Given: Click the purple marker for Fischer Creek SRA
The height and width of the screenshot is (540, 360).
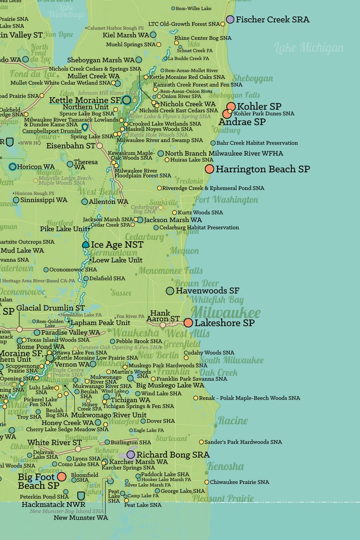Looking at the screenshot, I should coord(230,19).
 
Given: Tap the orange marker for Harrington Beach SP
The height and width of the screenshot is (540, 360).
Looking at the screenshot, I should coord(209,169).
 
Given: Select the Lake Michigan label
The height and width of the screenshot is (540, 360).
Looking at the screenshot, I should coord(308,48).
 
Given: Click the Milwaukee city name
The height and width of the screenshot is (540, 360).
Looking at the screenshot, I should coord(225,312).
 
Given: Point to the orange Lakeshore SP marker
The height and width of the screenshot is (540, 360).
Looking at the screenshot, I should coord(188,323).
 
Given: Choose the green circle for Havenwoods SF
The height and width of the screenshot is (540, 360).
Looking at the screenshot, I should coord(170,291).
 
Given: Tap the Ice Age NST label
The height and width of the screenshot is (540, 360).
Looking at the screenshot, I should coord(117,245).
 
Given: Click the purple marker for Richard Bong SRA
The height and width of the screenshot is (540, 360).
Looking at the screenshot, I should coord(131,454).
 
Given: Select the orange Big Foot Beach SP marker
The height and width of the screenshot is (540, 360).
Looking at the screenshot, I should coord(62,477).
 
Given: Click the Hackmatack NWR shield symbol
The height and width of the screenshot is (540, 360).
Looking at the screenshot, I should coord(81,496).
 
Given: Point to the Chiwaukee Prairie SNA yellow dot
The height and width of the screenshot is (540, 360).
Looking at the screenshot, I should coord(207,482).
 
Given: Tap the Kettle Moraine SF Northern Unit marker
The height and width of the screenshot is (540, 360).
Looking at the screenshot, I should coord(126,100).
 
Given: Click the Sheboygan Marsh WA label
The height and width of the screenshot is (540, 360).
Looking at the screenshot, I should coord(101,60).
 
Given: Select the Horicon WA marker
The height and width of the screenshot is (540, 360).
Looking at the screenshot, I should coord(12,166).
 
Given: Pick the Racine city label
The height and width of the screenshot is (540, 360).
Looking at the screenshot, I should coord(233,421).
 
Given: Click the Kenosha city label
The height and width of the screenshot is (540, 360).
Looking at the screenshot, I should coord(225,467).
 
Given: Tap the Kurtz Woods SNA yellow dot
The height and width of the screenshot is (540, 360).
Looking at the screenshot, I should coord(175,212).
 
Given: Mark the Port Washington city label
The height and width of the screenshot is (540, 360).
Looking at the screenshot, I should coord(226,200).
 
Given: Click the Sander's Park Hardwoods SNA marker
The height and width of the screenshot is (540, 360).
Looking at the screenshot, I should coord(201,442).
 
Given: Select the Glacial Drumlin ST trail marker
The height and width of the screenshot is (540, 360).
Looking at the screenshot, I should coord(19,329).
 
